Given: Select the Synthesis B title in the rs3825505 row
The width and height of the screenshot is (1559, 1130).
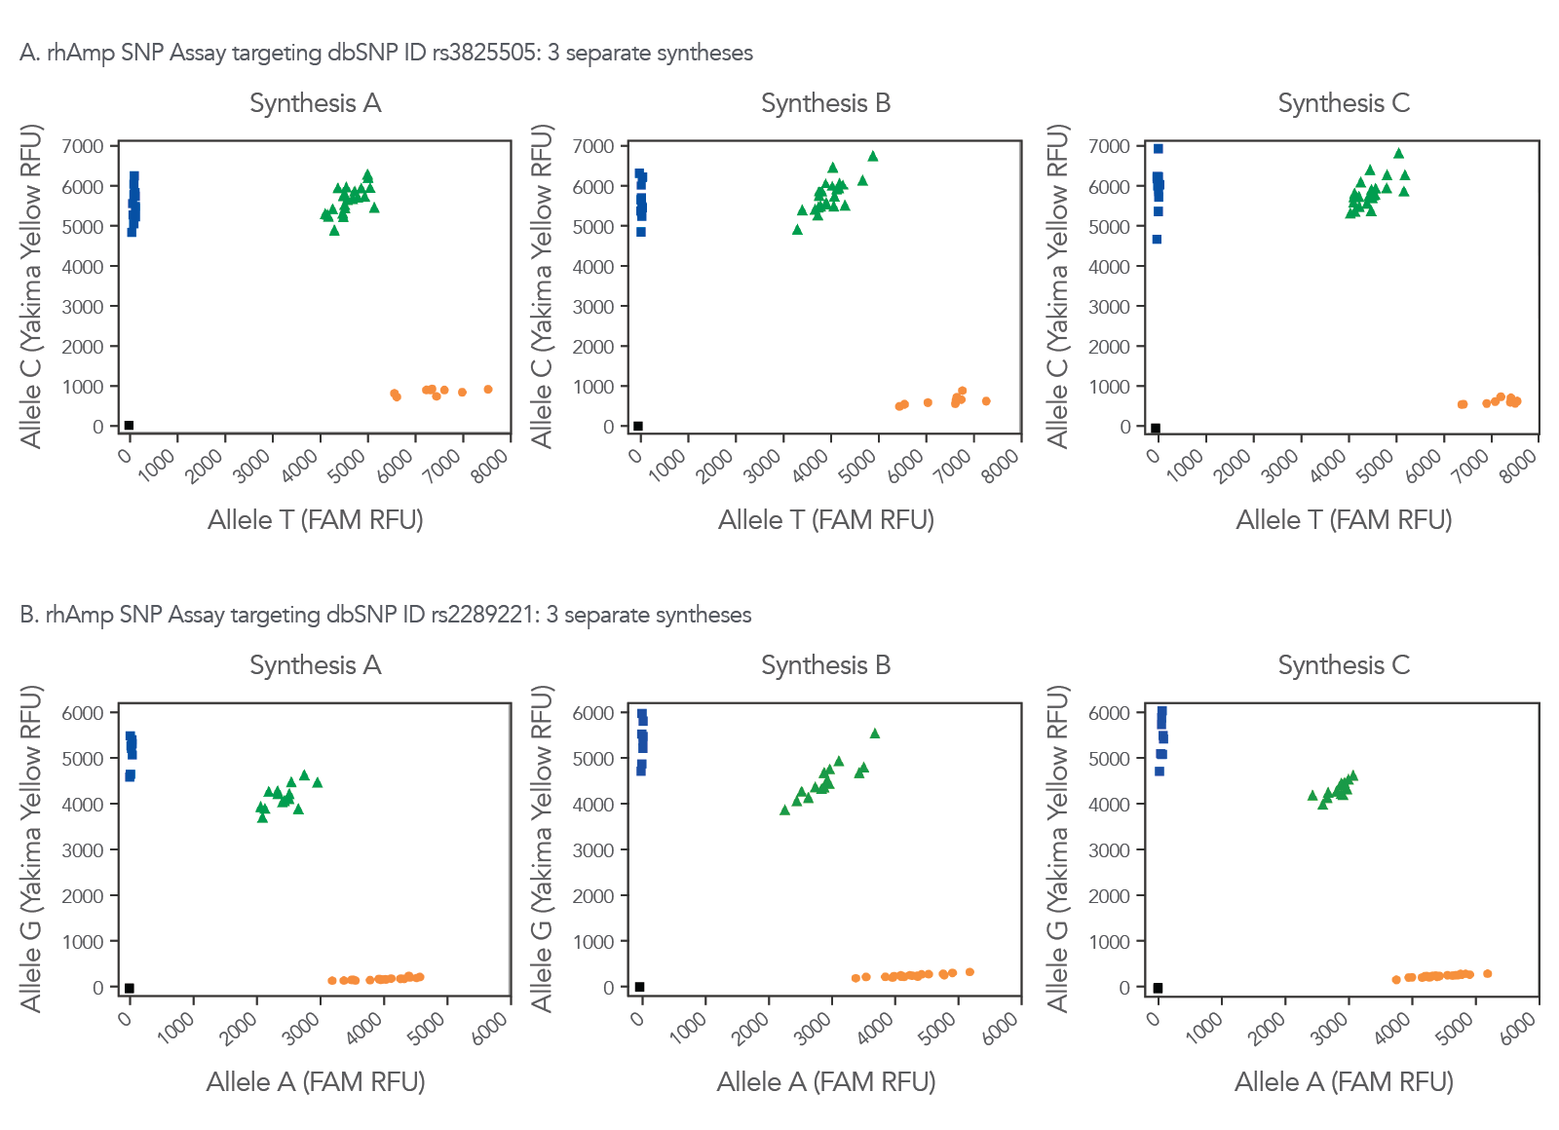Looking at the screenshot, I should pos(825,103).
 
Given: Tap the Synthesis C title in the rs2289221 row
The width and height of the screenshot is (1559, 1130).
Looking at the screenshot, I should pos(1344,665).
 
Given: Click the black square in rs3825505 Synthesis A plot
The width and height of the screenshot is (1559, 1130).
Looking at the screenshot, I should pos(129,425).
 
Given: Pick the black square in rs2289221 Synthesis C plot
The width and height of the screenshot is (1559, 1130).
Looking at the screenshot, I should pos(1158,988).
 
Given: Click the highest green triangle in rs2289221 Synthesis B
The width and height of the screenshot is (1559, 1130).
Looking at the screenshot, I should pos(875,734).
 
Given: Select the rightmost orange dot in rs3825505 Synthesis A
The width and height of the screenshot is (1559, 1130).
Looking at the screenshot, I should pos(488,390).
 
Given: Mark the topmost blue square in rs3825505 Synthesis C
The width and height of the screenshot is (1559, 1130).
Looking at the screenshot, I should pos(1159,149).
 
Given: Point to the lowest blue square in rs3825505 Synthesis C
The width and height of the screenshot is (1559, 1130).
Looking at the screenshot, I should pos(1157,240).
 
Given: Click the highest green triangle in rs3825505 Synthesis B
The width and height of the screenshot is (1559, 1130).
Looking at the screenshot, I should pos(873,156).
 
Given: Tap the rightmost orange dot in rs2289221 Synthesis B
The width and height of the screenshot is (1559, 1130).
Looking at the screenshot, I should pos(970,972).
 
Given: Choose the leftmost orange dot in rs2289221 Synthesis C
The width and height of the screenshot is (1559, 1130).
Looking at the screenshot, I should pos(1396,980).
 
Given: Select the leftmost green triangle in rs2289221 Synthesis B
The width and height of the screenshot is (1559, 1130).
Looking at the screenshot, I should pos(784,810).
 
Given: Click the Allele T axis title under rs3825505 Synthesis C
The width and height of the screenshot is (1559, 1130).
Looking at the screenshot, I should pos(1344,520).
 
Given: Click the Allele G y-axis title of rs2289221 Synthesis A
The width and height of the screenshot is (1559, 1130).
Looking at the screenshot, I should pos(32,847).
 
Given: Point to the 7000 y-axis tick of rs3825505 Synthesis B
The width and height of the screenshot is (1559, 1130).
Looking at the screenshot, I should pos(593,146).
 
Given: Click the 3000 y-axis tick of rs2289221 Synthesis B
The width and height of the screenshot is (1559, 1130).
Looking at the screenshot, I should pos(593,850).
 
